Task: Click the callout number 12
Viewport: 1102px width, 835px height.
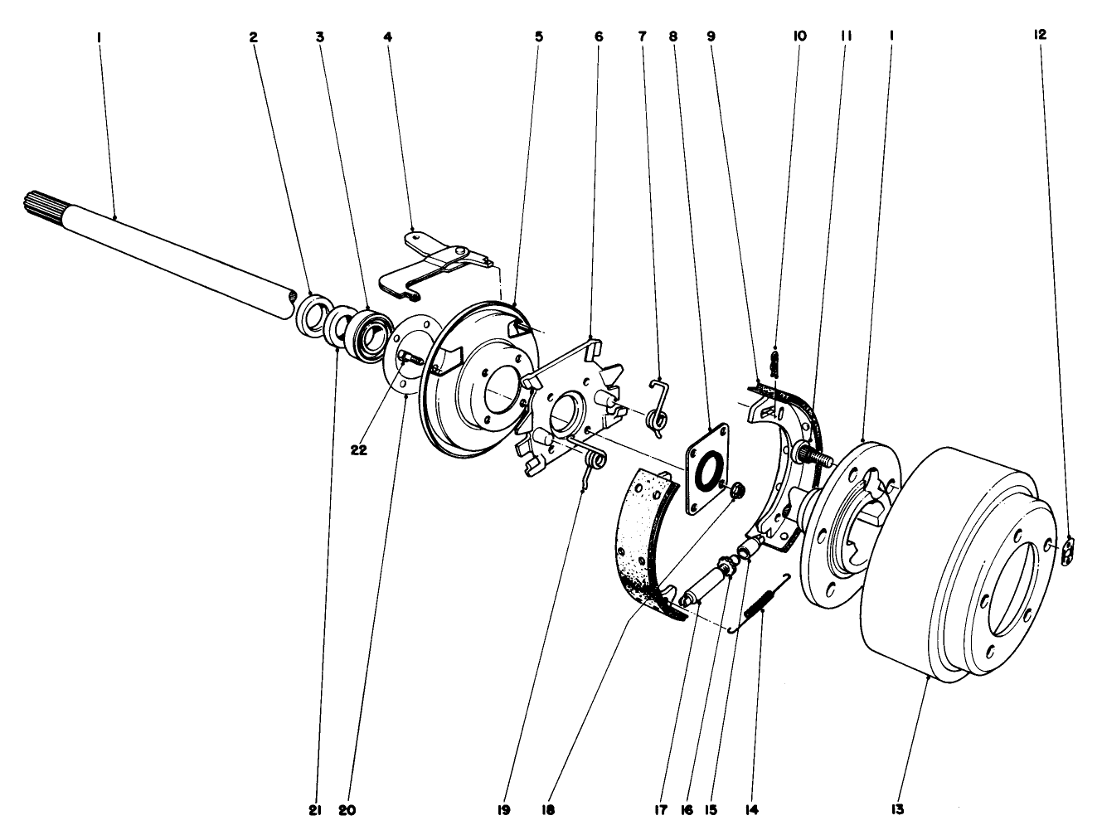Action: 1040,35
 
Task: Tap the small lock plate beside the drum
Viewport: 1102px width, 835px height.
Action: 1068,551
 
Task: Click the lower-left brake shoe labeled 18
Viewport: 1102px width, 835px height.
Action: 643,539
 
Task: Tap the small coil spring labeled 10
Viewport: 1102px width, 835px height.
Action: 775,362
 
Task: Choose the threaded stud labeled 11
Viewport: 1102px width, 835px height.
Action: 813,454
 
